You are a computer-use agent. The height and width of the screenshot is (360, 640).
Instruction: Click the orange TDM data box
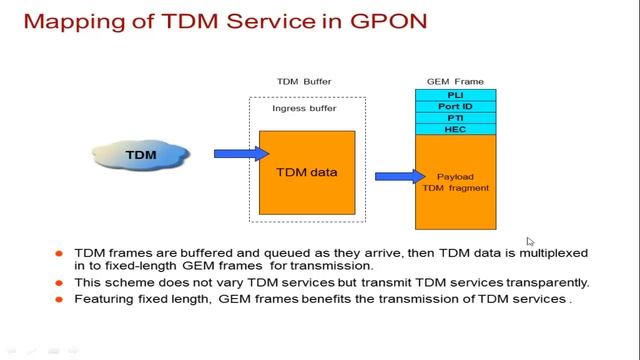click(x=308, y=172)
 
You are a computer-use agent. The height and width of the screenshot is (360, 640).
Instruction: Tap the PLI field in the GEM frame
click(x=455, y=95)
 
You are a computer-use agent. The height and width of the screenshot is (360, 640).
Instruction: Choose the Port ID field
click(x=455, y=106)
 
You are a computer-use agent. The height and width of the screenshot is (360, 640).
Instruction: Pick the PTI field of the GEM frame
click(x=455, y=118)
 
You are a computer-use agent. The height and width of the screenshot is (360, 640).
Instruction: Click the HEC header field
click(x=455, y=129)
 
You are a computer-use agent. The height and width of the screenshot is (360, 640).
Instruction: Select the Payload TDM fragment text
click(x=455, y=182)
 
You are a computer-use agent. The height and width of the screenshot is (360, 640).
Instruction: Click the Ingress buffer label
click(x=304, y=109)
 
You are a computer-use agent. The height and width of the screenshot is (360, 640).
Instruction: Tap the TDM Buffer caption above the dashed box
click(x=304, y=81)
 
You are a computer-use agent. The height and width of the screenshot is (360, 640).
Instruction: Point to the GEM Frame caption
click(x=455, y=81)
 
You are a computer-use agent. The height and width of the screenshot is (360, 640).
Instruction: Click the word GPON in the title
click(x=345, y=21)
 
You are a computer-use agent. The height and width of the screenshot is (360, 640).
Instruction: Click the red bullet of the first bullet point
click(x=62, y=255)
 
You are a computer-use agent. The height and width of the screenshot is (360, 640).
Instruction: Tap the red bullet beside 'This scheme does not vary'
click(x=62, y=283)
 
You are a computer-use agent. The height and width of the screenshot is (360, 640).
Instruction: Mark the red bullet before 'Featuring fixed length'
click(x=62, y=298)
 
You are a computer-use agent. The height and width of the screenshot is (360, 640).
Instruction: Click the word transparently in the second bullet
click(x=545, y=283)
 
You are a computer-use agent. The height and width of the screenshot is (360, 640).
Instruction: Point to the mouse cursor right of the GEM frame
click(x=530, y=241)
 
